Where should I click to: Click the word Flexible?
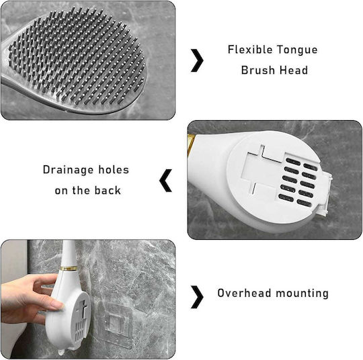(x=250, y=50)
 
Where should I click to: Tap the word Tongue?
(x=297, y=50)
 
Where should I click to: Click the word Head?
(x=294, y=70)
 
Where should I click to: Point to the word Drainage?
(x=69, y=171)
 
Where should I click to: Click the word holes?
(x=114, y=169)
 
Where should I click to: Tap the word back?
(x=108, y=190)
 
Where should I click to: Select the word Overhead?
(x=244, y=293)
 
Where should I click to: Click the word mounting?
(x=302, y=294)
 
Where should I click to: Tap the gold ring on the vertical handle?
(x=69, y=269)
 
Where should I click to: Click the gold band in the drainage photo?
(x=191, y=144)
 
